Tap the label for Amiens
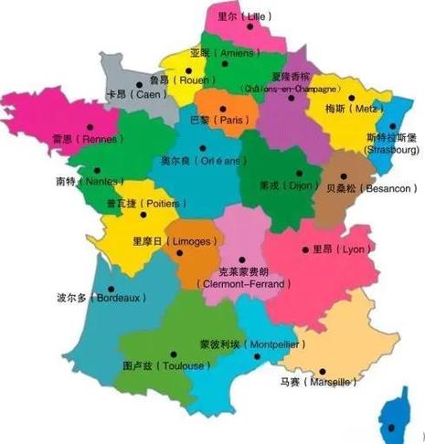pyautogui.click(x=223, y=54)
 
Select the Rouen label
pyautogui.click(x=179, y=79)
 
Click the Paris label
pyautogui.click(x=219, y=120)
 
